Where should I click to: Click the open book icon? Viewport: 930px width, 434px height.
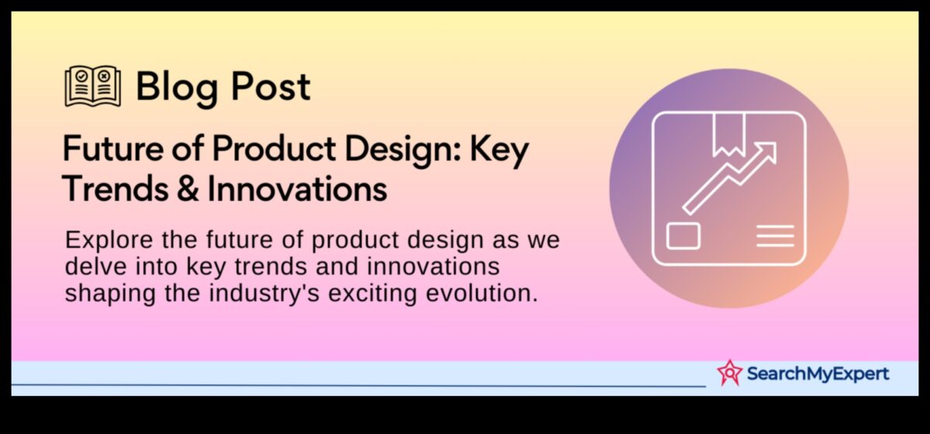point(92,87)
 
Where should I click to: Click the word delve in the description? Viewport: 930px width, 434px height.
point(91,267)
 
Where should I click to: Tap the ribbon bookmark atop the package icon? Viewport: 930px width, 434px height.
point(728,133)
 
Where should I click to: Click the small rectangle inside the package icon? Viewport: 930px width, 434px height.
point(683,236)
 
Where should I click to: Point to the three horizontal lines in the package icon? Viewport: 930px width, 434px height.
point(775,236)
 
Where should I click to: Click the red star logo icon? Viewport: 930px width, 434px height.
point(728,373)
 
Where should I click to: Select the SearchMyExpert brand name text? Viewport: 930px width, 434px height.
point(817,374)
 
